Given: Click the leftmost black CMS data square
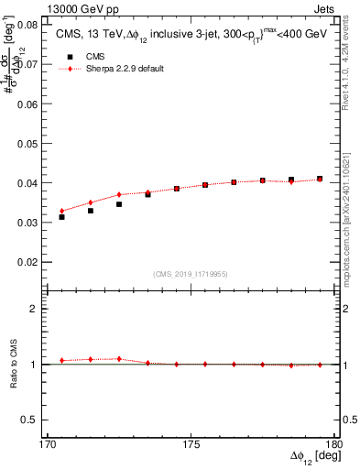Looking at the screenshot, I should point(61,217).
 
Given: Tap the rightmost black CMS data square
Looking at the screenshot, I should point(320,179).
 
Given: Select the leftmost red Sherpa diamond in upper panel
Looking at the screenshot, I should point(61,211).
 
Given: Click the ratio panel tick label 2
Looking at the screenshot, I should point(34,309).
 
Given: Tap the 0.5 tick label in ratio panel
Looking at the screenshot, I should point(30,420).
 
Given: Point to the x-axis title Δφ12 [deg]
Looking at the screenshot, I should point(316,456).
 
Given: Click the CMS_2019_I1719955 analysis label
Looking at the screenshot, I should point(190,274).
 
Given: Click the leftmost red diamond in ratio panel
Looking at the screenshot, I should point(61,361).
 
